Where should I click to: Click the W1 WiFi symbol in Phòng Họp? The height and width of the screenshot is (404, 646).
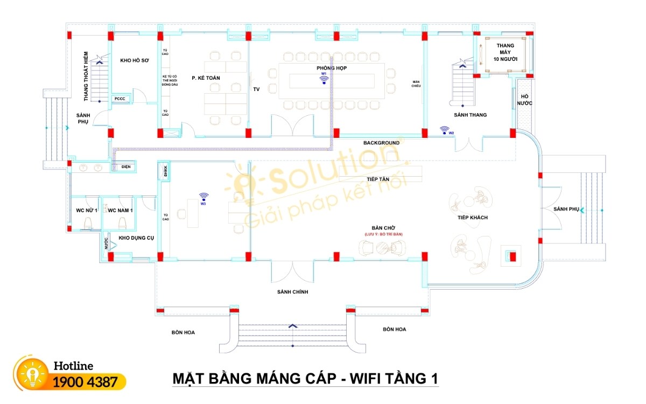point(324,80)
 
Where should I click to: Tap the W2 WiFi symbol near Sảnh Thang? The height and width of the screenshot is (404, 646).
point(445,129)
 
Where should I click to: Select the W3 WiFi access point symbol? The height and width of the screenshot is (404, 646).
point(203,197)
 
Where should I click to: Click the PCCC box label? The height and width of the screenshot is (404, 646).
point(120,99)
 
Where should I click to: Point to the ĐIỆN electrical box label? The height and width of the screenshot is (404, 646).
point(126,167)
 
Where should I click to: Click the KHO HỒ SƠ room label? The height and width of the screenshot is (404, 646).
point(134,61)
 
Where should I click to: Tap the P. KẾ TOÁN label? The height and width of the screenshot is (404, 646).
point(206,78)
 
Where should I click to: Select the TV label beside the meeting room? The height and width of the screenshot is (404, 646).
point(256,89)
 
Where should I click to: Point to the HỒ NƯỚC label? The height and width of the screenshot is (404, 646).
point(524,99)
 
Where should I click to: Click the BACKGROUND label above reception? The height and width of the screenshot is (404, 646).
point(381,143)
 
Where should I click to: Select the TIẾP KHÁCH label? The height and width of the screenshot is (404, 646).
point(472,217)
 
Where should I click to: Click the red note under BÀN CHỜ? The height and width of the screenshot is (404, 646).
point(383,234)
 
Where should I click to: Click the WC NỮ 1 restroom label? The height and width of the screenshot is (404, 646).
point(86,210)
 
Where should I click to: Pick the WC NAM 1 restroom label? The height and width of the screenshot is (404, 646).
point(120,210)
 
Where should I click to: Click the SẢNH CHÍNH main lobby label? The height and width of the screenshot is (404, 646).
point(292,292)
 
